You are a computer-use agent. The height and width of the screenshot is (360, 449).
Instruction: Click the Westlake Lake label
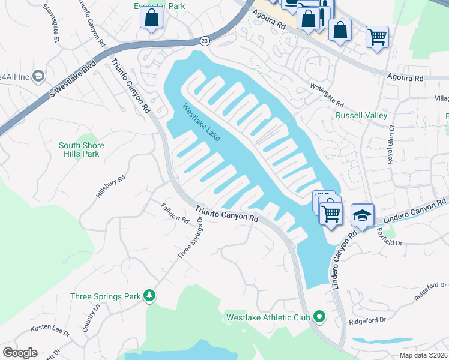pyautogui.click(x=201, y=124)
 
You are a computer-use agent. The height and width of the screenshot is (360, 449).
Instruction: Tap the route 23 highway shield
pyautogui.click(x=205, y=40)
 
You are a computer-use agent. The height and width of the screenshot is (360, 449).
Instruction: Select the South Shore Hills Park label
pyautogui.click(x=82, y=149)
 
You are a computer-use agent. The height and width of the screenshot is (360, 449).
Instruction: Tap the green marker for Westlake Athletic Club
pyautogui.click(x=319, y=317)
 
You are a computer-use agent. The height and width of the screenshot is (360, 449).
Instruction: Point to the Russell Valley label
pyautogui.click(x=361, y=115)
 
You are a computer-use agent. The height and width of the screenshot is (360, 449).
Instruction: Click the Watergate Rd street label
pyautogui.click(x=327, y=94)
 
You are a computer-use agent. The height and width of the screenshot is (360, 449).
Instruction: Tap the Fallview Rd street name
pyautogui.click(x=175, y=213)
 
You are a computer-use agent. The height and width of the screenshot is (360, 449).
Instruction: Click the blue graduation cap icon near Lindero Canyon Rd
pyautogui.click(x=362, y=215)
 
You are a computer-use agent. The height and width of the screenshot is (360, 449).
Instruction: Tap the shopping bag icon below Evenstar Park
pyautogui.click(x=152, y=18)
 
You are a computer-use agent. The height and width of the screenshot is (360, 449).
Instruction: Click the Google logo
pyautogui.click(x=20, y=353)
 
